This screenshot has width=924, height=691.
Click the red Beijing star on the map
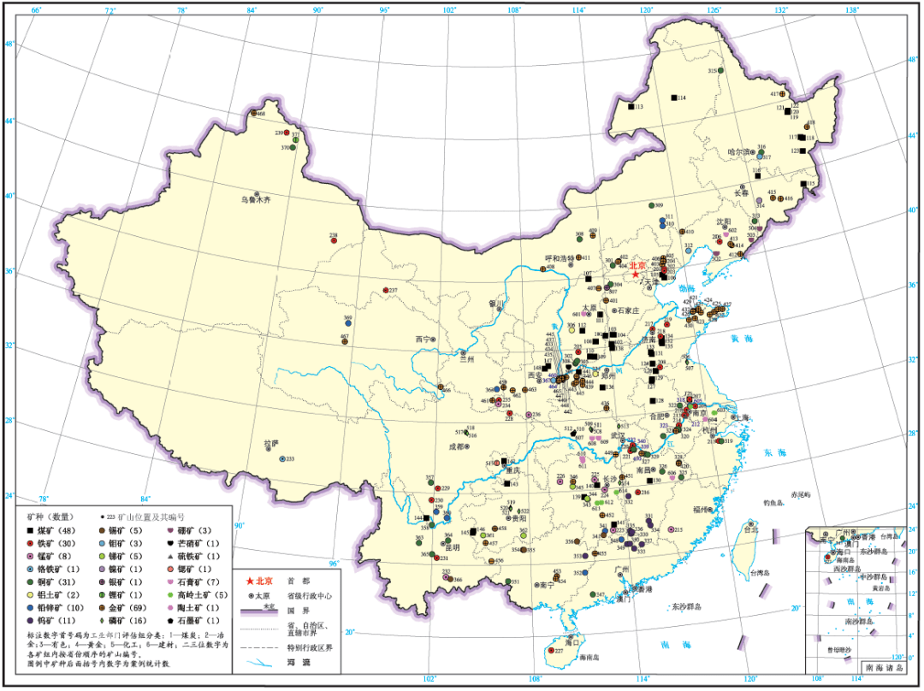[635, 275]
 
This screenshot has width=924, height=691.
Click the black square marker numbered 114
[673, 98]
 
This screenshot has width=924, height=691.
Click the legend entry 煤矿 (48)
[51, 530]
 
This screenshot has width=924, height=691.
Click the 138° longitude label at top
[850, 10]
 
